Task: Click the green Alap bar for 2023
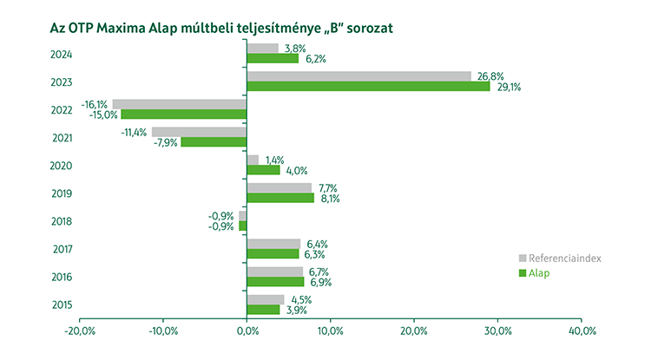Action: point(368,87)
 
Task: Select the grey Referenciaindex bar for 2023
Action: point(358,76)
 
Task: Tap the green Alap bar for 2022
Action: point(184,115)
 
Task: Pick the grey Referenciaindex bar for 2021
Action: point(200,132)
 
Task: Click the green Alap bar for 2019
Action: point(280,198)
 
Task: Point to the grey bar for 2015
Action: point(266,299)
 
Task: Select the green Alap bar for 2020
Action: point(264,170)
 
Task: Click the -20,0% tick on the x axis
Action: point(80,331)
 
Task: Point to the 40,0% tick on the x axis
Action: point(581,331)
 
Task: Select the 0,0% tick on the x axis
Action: point(247,331)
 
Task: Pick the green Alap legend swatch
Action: point(523,273)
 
